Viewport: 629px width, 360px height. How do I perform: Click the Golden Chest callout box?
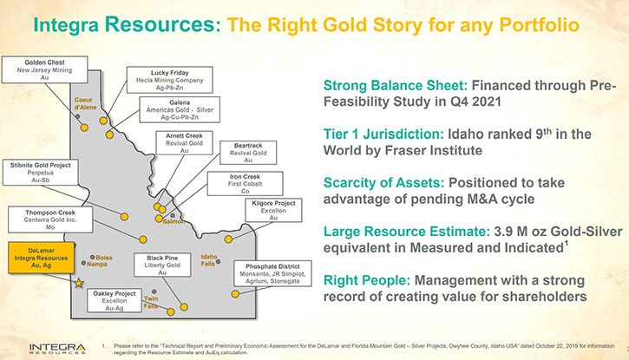[x=44, y=69]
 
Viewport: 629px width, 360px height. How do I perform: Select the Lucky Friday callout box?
[x=170, y=80]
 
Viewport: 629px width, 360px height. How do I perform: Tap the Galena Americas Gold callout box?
[x=180, y=109]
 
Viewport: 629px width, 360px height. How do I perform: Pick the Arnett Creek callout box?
[x=184, y=143]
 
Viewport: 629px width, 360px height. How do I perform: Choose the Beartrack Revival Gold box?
[x=248, y=153]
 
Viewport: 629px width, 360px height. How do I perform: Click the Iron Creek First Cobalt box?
[x=245, y=184]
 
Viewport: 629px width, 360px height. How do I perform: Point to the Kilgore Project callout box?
[x=273, y=210]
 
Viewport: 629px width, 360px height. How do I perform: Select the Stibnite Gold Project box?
[x=41, y=173]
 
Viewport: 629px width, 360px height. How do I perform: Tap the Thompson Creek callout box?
[x=50, y=219]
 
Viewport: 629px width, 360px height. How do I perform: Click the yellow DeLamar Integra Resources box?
[x=42, y=258]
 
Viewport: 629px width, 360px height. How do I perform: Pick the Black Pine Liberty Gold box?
[x=162, y=265]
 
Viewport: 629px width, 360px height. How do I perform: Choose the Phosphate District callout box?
[x=272, y=273]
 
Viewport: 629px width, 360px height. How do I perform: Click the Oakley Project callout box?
[x=115, y=301]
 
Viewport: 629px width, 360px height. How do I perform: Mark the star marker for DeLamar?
[x=79, y=284]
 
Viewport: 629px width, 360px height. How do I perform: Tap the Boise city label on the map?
[x=104, y=258]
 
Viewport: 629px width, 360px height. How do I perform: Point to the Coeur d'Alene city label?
[x=85, y=103]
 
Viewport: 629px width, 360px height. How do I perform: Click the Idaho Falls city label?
[x=208, y=259]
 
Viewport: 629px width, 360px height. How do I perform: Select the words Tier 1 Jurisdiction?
[x=383, y=134]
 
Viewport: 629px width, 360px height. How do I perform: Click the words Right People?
[x=367, y=280]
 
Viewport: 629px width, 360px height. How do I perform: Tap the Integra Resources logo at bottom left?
[x=57, y=349]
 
